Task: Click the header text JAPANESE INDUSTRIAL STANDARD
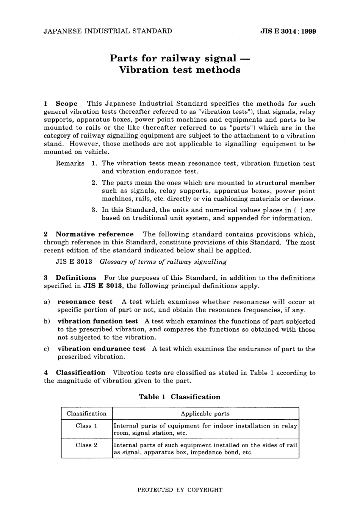point(108,31)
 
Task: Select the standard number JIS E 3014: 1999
point(288,31)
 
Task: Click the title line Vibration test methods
point(180,70)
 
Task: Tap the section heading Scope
point(66,103)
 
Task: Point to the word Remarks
point(70,163)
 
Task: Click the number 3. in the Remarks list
point(95,210)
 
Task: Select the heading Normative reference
point(94,234)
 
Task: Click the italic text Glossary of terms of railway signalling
point(163,262)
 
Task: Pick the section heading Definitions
point(76,278)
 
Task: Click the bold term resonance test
point(85,302)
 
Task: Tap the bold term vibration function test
point(98,321)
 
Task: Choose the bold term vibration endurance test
point(101,349)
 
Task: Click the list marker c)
point(47,349)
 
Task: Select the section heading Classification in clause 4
point(80,373)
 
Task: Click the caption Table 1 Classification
point(180,397)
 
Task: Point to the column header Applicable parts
point(205,414)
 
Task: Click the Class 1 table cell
point(86,426)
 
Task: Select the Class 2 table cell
point(86,445)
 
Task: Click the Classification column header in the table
point(86,414)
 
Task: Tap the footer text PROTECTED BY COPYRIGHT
point(180,490)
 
